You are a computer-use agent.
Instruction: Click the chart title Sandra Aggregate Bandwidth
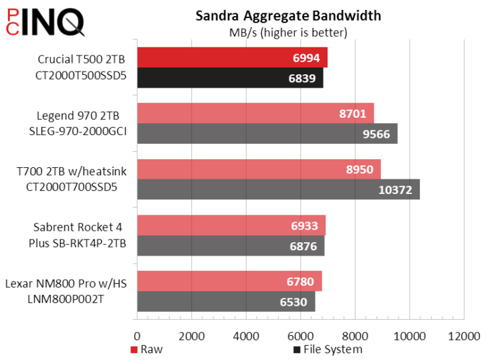click(x=288, y=16)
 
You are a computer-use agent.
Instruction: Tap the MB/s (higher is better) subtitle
click(x=288, y=31)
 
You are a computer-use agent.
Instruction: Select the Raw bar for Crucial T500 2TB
click(x=231, y=58)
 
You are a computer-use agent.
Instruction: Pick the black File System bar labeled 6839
click(x=229, y=78)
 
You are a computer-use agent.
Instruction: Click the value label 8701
click(x=352, y=114)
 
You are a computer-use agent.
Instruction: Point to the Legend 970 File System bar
click(x=267, y=134)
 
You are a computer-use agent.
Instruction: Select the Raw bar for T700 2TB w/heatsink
click(x=258, y=169)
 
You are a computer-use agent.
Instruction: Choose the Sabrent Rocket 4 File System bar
click(x=230, y=246)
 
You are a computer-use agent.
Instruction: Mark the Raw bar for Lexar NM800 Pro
click(x=229, y=281)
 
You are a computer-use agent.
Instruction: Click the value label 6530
click(x=294, y=302)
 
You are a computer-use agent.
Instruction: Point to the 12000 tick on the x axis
click(x=463, y=335)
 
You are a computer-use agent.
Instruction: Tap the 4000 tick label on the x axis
click(x=246, y=335)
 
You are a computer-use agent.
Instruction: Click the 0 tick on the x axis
click(x=137, y=335)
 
